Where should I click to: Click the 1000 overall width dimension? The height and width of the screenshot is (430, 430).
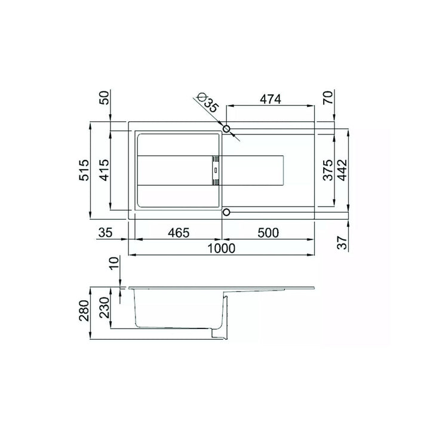point(222,248)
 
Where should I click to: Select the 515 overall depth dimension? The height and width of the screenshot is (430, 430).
point(84,170)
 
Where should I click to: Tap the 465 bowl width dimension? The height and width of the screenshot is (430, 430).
point(179,233)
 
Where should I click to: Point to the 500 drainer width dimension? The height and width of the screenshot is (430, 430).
point(268,233)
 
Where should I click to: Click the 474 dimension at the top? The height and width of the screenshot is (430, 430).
point(271,99)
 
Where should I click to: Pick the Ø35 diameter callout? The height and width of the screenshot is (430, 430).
point(209,102)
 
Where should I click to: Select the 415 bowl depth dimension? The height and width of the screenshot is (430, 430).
point(104,170)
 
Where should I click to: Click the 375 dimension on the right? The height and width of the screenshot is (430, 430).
point(328,170)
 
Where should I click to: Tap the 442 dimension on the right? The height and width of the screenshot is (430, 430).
point(342,170)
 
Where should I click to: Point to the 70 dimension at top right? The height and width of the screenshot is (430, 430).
point(328,97)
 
